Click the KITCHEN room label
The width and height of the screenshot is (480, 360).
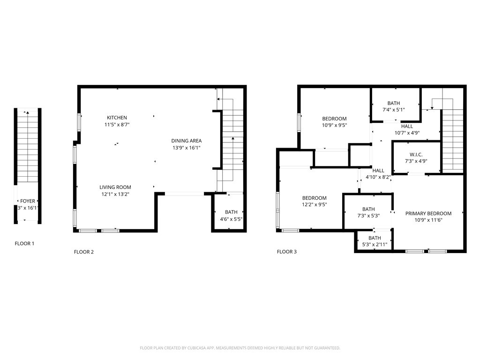coord(117,118)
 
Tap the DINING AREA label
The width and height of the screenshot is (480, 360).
coord(186,141)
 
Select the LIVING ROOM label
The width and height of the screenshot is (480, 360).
coord(115,187)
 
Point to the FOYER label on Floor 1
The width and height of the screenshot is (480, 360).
coord(27,201)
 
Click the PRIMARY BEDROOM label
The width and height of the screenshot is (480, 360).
coord(428,213)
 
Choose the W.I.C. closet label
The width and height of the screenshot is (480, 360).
coord(416,154)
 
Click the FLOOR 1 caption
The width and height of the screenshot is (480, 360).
coord(24,244)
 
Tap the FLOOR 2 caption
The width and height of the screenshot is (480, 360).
coord(84,252)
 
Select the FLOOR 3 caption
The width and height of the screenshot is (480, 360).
coord(287,252)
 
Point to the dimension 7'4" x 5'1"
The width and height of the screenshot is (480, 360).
coord(393,110)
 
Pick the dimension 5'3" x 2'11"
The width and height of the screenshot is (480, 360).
coord(375,245)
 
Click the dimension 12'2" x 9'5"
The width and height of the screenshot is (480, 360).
coord(315,205)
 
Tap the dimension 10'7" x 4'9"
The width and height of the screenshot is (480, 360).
coord(407,133)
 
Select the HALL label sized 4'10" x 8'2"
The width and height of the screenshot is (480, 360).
coord(378,171)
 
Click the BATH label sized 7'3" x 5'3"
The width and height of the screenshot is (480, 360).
coord(368,209)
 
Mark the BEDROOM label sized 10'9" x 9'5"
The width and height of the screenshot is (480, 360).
coord(334,119)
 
